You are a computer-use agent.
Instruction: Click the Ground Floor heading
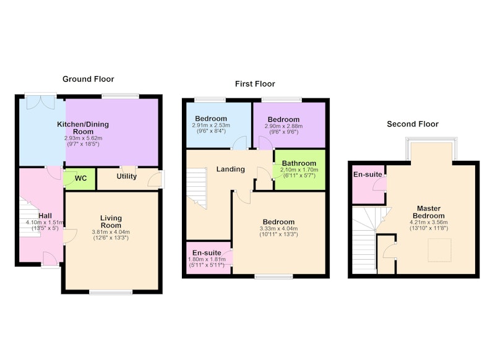(88, 79)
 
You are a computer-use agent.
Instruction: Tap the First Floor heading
(255, 84)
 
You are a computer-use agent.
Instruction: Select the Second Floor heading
(413, 124)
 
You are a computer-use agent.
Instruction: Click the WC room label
(81, 178)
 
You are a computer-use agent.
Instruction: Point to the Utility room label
(127, 176)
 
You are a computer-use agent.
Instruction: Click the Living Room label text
(111, 221)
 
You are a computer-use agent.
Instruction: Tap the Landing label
(230, 169)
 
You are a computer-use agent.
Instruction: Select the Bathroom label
(299, 163)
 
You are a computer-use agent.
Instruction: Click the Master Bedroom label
(429, 212)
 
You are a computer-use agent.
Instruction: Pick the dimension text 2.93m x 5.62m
(84, 138)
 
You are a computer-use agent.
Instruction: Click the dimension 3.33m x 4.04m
(279, 228)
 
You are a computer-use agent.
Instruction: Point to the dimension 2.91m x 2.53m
(211, 126)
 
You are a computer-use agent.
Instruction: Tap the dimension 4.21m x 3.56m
(429, 222)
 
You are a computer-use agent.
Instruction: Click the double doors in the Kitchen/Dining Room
(40, 101)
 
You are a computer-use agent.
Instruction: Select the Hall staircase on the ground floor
(29, 217)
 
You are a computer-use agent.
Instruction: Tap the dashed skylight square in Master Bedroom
(439, 250)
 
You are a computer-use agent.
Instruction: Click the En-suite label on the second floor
(368, 174)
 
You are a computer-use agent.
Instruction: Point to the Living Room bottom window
(111, 293)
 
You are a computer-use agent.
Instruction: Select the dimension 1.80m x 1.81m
(207, 259)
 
